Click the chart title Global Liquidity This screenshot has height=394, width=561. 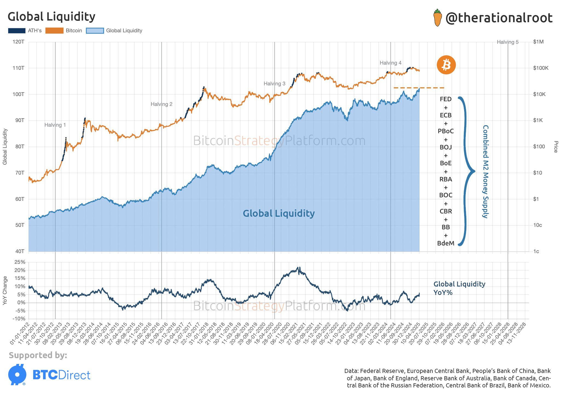[x=51, y=17]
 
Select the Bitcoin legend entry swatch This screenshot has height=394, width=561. [x=54, y=31]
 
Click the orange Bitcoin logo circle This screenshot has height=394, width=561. [x=446, y=65]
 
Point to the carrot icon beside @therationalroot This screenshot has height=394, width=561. [x=438, y=18]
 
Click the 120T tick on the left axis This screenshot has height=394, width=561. [x=18, y=42]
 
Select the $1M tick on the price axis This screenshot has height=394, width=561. [x=538, y=42]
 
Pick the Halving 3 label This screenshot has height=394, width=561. [x=274, y=84]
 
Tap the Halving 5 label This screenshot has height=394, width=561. [x=507, y=42]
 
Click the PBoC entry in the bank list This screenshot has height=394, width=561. [x=446, y=131]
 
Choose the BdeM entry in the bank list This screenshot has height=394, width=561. [x=446, y=243]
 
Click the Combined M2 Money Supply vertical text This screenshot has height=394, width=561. [x=485, y=172]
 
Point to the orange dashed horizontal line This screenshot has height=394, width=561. [x=419, y=88]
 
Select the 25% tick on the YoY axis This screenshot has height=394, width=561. [x=20, y=262]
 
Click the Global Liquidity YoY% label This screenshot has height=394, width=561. [x=459, y=288]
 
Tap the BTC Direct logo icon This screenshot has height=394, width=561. [x=17, y=375]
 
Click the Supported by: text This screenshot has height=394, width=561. [x=38, y=355]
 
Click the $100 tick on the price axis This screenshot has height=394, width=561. [x=539, y=147]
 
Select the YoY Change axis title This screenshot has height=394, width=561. [x=5, y=291]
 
